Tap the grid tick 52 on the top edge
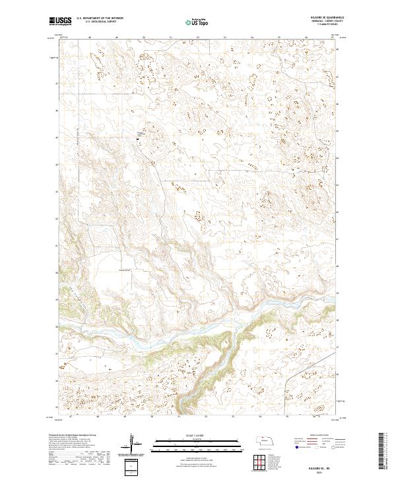(198, 38)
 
